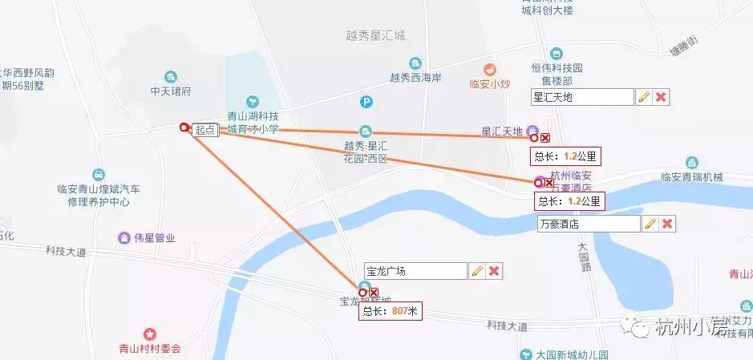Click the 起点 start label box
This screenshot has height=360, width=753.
point(205,130)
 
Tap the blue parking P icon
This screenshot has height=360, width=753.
point(366,102)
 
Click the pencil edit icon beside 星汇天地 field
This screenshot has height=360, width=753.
point(643,97)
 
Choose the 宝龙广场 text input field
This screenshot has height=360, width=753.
point(415,271)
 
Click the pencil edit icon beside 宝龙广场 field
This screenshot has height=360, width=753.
point(477,271)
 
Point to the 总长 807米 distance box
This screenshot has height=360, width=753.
point(390,311)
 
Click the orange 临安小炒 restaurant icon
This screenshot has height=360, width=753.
point(489,69)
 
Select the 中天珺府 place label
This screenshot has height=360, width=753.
point(171,91)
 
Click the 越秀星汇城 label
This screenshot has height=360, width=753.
point(375,35)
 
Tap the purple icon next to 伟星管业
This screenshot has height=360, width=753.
point(124,237)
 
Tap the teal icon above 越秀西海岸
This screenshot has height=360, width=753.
point(415,63)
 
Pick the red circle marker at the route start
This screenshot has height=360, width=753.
point(184,127)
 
